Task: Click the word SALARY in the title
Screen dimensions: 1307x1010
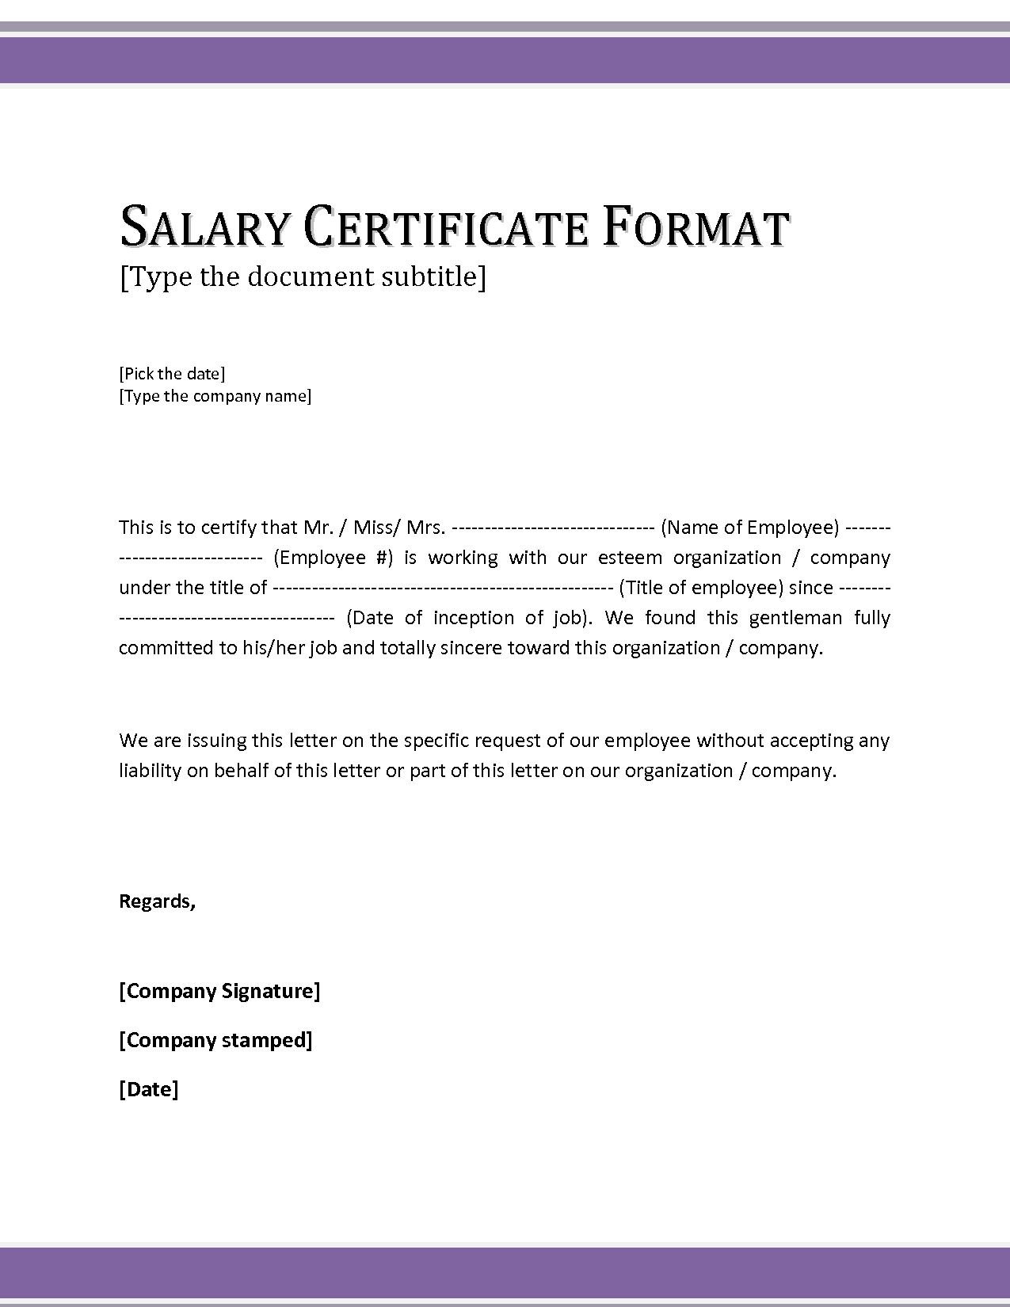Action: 205,227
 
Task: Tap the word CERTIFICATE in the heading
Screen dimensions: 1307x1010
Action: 446,227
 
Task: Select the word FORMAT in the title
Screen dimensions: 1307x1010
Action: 696,227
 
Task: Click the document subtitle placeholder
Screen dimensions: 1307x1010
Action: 303,276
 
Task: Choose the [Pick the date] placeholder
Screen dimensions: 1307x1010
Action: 172,374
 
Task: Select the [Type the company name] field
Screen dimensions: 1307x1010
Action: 215,396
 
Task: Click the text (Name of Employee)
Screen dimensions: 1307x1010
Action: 749,528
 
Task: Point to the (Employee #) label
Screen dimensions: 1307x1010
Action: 333,558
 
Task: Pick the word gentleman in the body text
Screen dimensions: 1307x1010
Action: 795,618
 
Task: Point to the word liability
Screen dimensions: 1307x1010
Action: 150,771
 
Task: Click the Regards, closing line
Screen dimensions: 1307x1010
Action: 157,901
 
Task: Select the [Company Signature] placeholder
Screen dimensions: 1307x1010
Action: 219,991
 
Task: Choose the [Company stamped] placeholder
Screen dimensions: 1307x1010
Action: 215,1040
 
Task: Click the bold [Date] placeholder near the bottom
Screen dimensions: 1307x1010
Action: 149,1089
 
